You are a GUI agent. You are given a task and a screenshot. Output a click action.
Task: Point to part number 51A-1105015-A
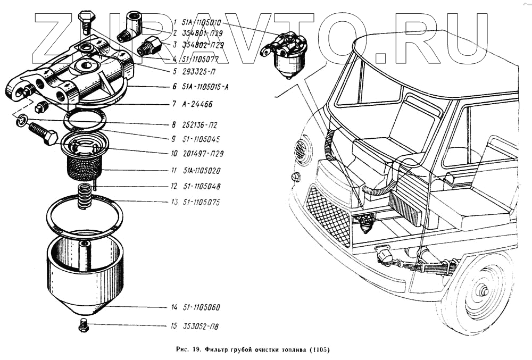coord(205,87)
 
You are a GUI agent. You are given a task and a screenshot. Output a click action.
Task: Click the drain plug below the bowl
coord(83,325)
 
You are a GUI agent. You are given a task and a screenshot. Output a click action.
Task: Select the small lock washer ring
coord(20,122)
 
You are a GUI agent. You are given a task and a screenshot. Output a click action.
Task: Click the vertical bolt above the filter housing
coord(85,21)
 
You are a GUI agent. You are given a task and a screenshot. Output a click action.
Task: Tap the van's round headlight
coord(302,150)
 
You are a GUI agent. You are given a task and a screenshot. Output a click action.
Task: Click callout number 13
coord(173,203)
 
